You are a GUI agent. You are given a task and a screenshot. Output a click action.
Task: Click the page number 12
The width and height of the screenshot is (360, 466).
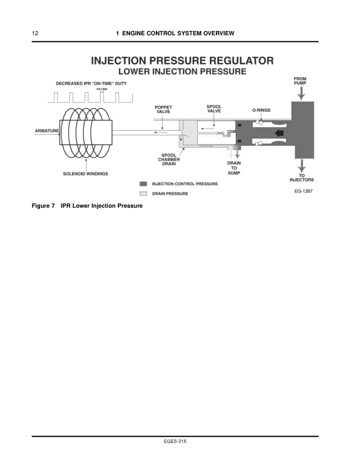click(36, 33)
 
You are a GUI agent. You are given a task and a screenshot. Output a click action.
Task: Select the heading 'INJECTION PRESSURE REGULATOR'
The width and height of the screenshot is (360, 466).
click(182, 61)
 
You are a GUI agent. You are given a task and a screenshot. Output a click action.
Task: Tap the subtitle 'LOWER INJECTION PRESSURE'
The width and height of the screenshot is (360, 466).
click(182, 71)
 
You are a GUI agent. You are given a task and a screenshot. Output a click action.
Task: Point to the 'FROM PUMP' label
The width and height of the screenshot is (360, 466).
click(300, 81)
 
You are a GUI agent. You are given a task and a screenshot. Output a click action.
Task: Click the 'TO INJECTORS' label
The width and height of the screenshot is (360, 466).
click(301, 177)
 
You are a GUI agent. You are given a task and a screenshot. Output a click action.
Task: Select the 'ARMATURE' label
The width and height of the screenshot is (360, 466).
click(45, 130)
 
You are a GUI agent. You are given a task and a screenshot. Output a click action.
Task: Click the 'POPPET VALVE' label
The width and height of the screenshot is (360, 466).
click(164, 110)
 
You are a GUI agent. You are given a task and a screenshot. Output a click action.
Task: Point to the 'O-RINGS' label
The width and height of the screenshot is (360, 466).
click(261, 110)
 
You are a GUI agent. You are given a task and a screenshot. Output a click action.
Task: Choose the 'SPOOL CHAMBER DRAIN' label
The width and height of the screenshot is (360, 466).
click(169, 159)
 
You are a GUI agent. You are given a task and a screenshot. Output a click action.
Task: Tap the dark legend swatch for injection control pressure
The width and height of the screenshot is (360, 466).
click(144, 184)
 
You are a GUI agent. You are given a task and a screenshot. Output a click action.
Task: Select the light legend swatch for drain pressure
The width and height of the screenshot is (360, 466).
click(144, 194)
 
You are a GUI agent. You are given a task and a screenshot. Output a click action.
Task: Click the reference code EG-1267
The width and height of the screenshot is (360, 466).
click(302, 191)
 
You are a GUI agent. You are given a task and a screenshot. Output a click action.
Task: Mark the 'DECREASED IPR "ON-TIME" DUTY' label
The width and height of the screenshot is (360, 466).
click(91, 84)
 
